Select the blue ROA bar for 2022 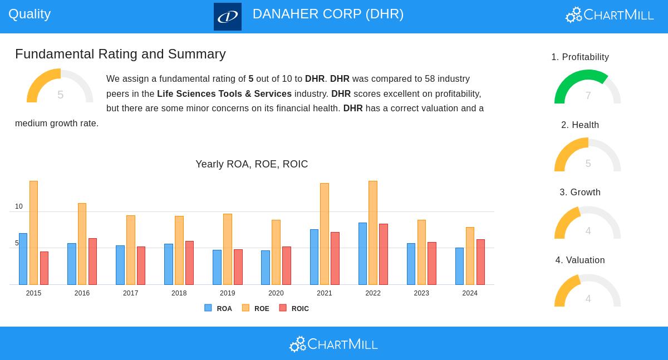point(362,254)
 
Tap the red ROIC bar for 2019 point(238,267)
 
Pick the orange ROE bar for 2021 point(325,234)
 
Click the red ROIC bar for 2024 point(480,262)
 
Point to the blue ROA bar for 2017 point(120,265)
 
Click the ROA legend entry point(218,308)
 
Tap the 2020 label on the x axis point(276,293)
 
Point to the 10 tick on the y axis point(19,206)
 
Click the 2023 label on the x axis point(421,293)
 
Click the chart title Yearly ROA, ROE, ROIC point(252,164)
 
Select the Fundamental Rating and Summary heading point(120,54)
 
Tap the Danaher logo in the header point(228,17)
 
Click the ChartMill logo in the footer point(333,344)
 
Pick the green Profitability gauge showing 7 point(587,87)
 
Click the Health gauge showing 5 point(587,155)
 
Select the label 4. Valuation point(580,260)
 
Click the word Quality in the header point(30,14)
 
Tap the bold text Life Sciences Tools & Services point(224,94)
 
